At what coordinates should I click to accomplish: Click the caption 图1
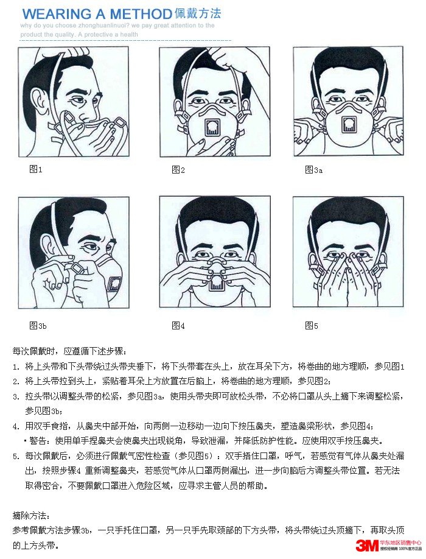[36, 169]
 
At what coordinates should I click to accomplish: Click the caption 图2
[178, 169]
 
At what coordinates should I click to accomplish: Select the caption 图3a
[313, 170]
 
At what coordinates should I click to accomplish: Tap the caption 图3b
[38, 326]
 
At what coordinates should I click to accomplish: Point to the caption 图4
[178, 326]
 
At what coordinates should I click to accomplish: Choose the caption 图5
[312, 326]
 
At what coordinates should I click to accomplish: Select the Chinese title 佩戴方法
[198, 13]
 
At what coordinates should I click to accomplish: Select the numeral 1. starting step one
[16, 367]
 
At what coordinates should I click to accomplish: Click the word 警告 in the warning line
[37, 440]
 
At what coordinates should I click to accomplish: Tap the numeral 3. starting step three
[16, 396]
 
